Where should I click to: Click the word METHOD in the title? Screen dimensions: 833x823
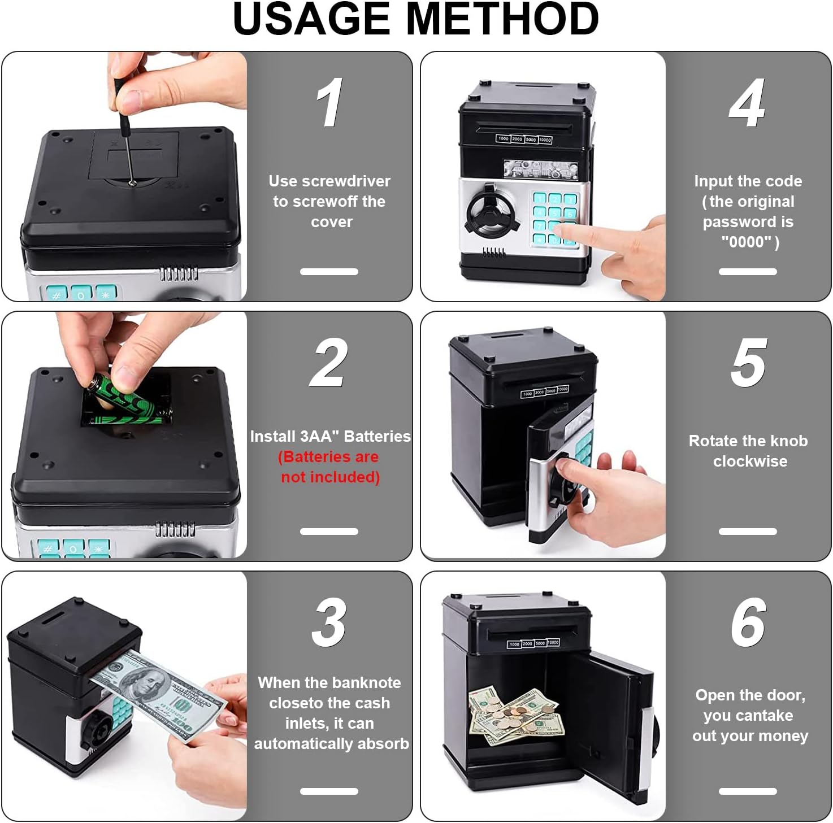point(502,19)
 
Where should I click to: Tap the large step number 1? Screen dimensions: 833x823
point(330,102)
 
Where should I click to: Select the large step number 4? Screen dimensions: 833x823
point(748,102)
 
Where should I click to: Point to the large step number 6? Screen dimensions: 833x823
point(749,622)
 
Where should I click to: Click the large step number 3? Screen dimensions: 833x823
point(329,622)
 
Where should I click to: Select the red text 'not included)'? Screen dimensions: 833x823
point(331,477)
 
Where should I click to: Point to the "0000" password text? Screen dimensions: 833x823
point(747,242)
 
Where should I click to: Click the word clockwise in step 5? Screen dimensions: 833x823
point(750,461)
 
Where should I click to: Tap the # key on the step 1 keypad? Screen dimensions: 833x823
point(56,294)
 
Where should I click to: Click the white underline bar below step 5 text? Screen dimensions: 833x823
point(748,532)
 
